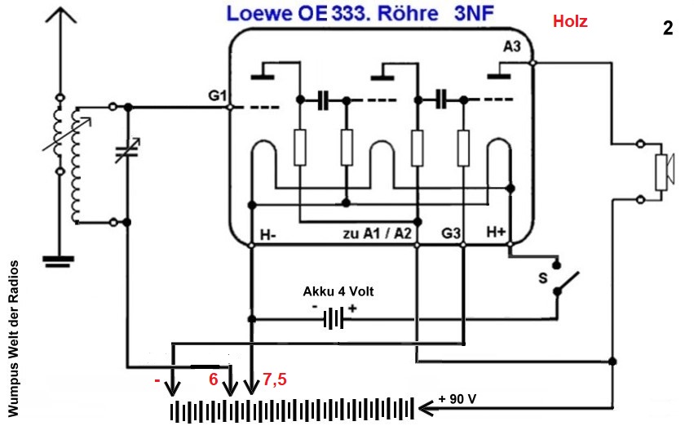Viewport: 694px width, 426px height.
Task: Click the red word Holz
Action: [x=570, y=22]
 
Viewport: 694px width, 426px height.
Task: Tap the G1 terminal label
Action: [x=216, y=95]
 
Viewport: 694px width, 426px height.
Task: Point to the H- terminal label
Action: [x=267, y=235]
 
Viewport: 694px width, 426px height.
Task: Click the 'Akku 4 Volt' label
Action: [x=338, y=291]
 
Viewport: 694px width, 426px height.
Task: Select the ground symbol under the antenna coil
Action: [x=56, y=261]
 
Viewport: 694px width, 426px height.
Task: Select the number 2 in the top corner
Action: [x=668, y=29]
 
